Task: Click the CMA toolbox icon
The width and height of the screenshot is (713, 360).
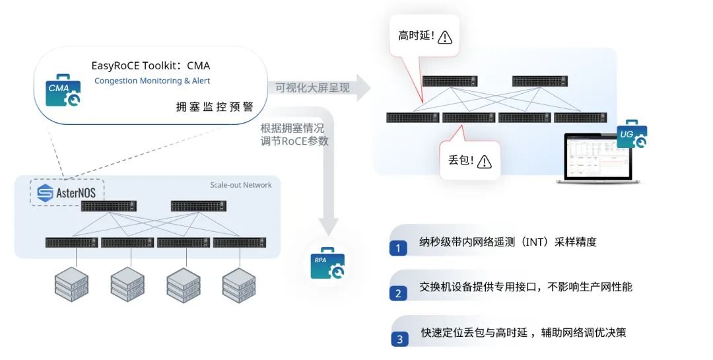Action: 63,92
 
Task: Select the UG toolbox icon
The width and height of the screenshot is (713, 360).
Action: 631,135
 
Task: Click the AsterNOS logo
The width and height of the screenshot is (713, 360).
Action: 67,193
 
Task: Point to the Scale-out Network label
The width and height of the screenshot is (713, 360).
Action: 240,185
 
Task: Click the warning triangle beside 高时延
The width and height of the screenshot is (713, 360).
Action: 445,37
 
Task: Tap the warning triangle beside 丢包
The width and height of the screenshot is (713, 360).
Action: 485,161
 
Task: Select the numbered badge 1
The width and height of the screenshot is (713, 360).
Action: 398,248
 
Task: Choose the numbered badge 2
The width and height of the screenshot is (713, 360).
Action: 398,293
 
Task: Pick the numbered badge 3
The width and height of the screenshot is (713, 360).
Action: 399,340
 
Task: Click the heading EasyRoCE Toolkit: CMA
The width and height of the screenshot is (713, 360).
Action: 151,65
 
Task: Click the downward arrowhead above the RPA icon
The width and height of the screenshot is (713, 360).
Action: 327,225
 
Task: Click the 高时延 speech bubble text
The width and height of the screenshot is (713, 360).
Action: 416,36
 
